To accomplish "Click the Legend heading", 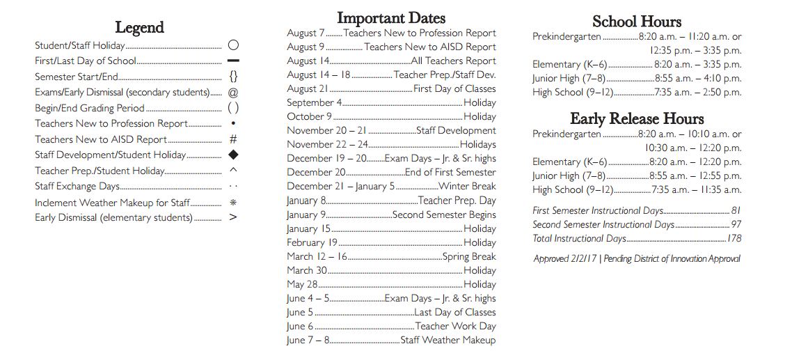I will (139, 28).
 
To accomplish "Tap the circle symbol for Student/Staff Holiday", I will (233, 45).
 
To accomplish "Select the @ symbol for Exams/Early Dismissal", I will (233, 92).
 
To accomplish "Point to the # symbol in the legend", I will (233, 139).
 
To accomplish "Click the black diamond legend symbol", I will (233, 155).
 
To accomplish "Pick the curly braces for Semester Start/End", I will (233, 77).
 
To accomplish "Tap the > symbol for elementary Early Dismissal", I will (233, 217).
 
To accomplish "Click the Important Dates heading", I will (391, 18).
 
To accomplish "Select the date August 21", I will (307, 89).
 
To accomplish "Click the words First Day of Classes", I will (454, 89).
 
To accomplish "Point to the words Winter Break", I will (467, 187).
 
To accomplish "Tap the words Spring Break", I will (469, 256).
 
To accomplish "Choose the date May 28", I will (302, 284).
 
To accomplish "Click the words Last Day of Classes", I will (455, 313).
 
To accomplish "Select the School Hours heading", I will (637, 21).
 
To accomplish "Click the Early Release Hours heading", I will (637, 118).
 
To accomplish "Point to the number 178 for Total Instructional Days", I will (733, 238).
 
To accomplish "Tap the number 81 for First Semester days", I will (736, 210).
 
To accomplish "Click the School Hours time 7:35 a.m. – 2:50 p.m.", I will (697, 93).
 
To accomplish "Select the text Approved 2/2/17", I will (564, 259).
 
